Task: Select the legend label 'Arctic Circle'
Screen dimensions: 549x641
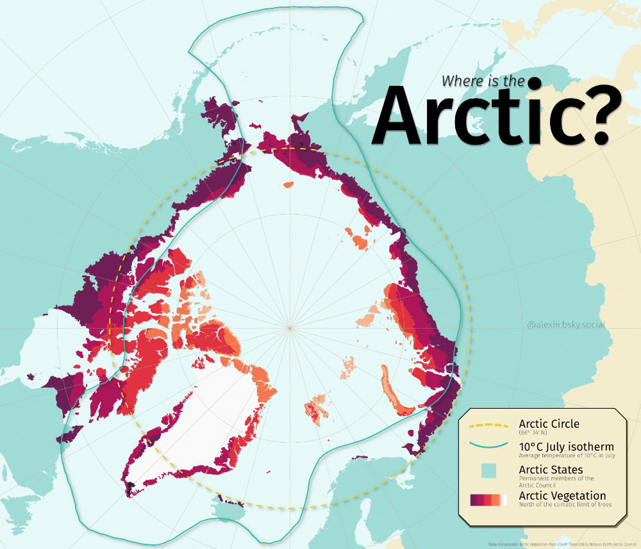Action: pos(549,424)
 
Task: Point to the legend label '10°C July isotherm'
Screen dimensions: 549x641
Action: pos(566,447)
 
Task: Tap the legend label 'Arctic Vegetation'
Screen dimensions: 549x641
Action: pos(562,496)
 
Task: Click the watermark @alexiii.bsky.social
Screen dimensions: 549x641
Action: pos(566,325)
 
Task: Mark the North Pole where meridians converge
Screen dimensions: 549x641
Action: pos(290,327)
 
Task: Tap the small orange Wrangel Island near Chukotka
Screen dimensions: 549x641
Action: pos(287,185)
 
